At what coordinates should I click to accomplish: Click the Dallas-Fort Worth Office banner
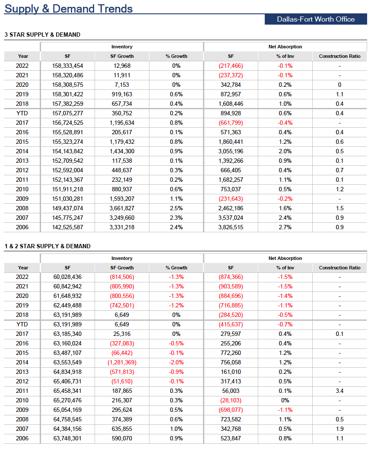pyautogui.click(x=316, y=19)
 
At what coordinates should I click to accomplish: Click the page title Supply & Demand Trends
pyautogui.click(x=69, y=9)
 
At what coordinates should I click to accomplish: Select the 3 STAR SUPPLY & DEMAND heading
pyautogui.click(x=42, y=35)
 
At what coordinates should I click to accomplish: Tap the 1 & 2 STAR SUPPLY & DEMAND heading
pyautogui.click(x=48, y=246)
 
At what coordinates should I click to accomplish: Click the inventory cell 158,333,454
pyautogui.click(x=68, y=66)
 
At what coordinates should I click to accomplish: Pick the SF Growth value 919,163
pyautogui.click(x=122, y=94)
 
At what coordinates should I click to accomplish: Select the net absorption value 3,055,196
pyautogui.click(x=231, y=151)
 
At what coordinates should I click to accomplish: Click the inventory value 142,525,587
pyautogui.click(x=68, y=228)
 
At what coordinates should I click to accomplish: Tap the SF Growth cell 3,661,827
pyautogui.click(x=122, y=208)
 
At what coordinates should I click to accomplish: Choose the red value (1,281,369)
pyautogui.click(x=122, y=363)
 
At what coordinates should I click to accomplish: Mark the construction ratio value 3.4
pyautogui.click(x=340, y=391)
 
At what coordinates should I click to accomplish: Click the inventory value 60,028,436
pyautogui.click(x=68, y=277)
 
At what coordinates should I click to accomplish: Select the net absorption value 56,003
pyautogui.click(x=231, y=391)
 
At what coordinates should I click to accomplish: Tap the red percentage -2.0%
pyautogui.click(x=177, y=363)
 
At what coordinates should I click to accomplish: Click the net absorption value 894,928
pyautogui.click(x=231, y=114)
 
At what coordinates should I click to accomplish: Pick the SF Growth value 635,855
pyautogui.click(x=122, y=429)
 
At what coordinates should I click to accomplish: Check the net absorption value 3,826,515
pyautogui.click(x=231, y=228)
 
